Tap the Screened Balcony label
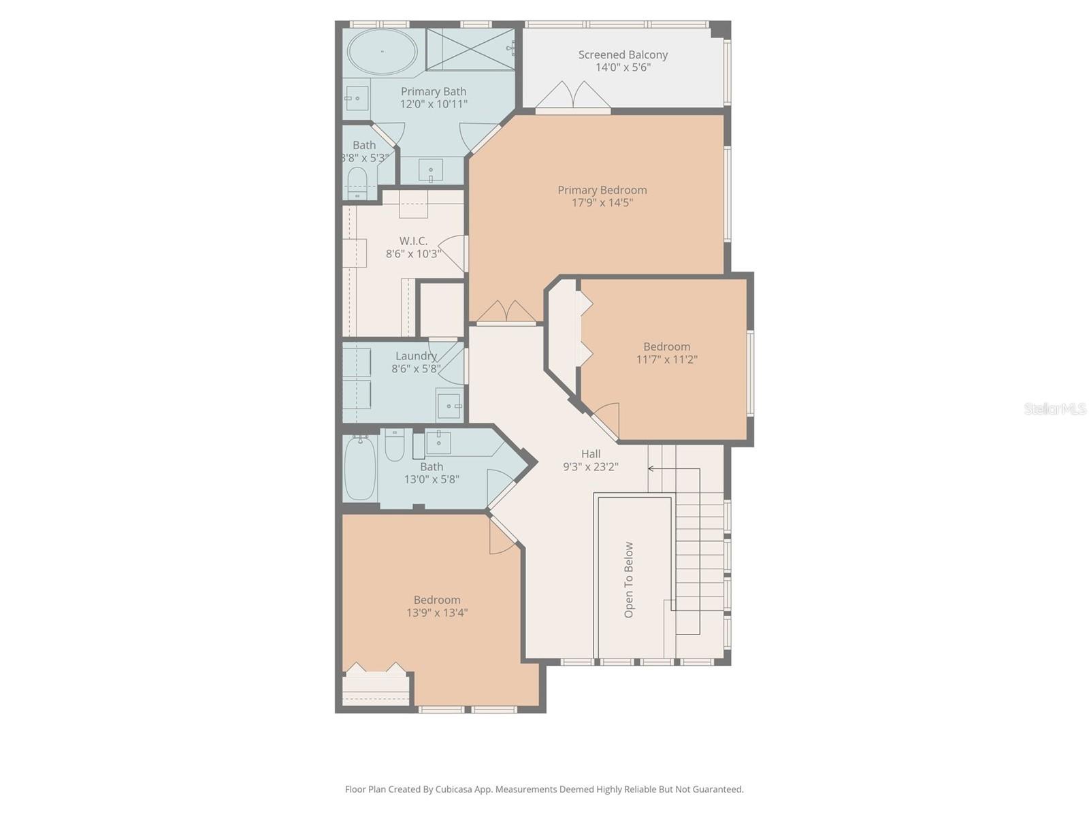[x=623, y=54]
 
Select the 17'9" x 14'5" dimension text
[x=602, y=203]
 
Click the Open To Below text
[x=629, y=579]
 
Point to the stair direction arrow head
[x=651, y=468]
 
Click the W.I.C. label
[x=413, y=241]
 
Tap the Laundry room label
[x=416, y=356]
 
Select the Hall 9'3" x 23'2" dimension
[x=590, y=467]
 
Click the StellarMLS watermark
[x=1054, y=408]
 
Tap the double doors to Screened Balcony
[x=572, y=96]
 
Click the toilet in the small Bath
[x=357, y=182]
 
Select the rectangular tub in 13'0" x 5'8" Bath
[x=359, y=468]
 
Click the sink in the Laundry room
[x=448, y=406]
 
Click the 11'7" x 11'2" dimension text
[x=666, y=359]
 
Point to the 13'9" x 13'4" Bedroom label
[x=437, y=600]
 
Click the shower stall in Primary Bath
[x=470, y=48]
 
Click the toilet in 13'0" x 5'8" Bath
[x=395, y=446]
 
